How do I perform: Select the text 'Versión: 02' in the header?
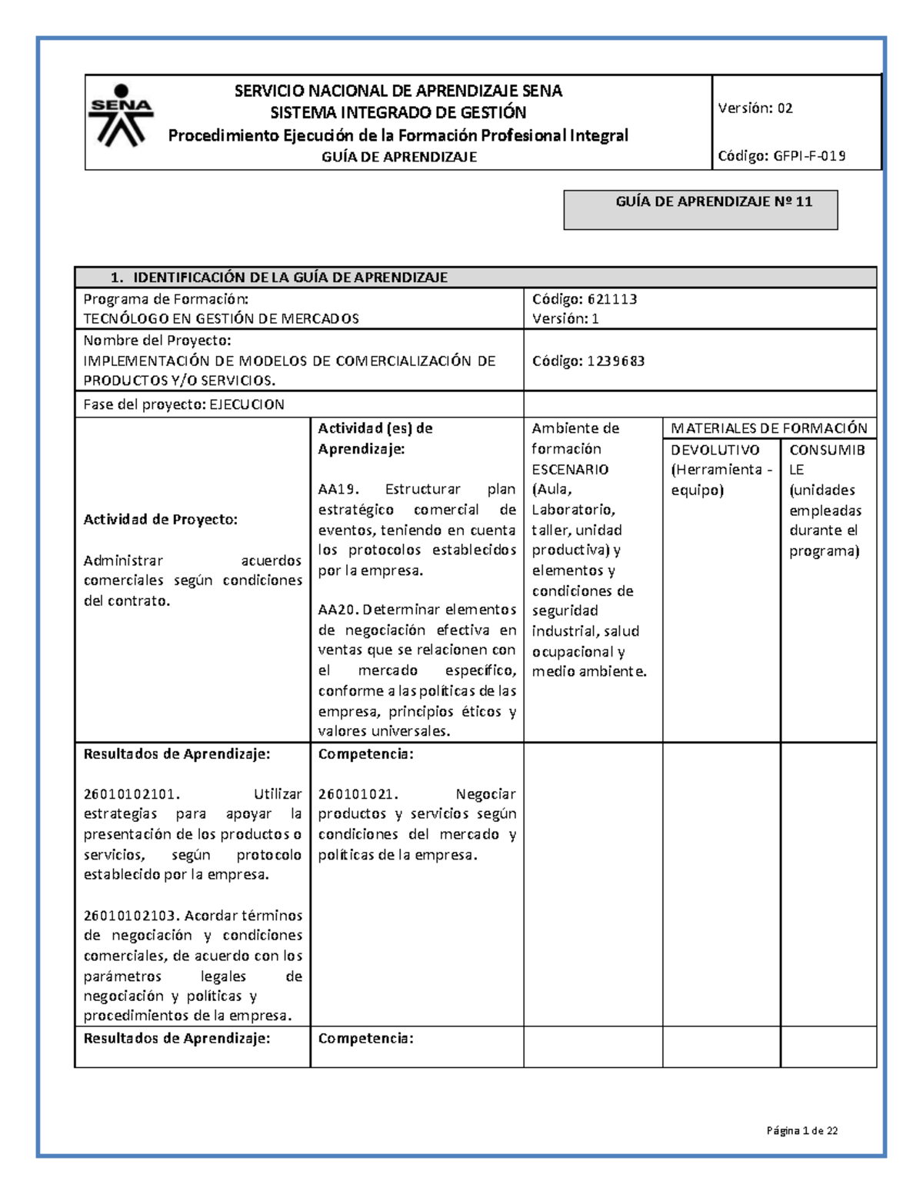click(x=755, y=108)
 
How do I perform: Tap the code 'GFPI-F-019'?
click(x=809, y=156)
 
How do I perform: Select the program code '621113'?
click(x=612, y=299)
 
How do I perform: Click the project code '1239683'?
click(x=616, y=361)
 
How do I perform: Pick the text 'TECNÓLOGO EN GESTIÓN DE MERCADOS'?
click(x=221, y=319)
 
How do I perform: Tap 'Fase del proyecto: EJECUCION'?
click(x=184, y=404)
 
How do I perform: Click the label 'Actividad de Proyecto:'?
click(x=160, y=519)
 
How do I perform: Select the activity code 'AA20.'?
click(x=338, y=610)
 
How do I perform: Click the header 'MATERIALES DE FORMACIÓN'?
click(x=768, y=428)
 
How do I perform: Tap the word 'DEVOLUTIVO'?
click(x=715, y=450)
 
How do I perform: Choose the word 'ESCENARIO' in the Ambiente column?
click(x=570, y=469)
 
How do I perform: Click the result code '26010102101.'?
click(x=132, y=794)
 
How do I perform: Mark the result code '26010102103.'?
click(x=132, y=915)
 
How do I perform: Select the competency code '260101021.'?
click(x=358, y=794)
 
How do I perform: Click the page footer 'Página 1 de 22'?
click(x=801, y=1130)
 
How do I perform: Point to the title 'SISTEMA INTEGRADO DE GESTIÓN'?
click(x=398, y=113)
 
